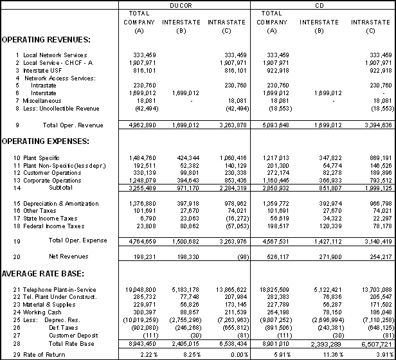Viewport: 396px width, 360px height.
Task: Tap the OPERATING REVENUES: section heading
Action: pos(46,40)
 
